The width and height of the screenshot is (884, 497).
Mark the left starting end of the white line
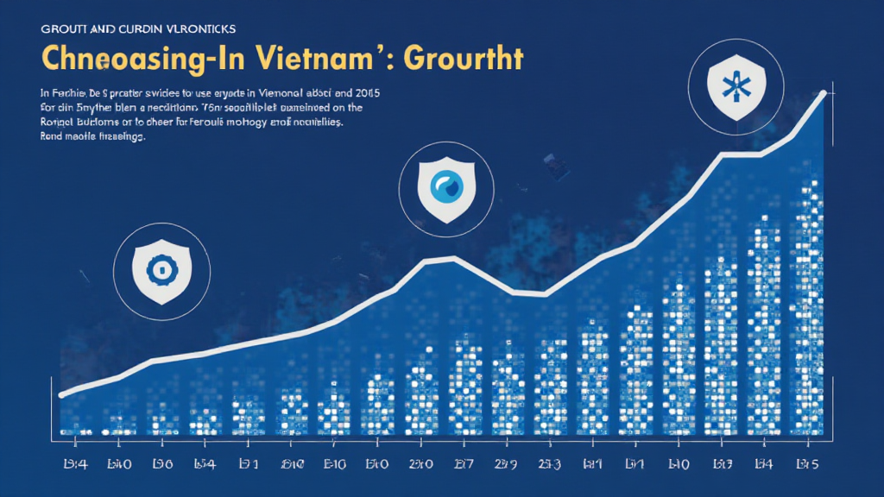[61, 394]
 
